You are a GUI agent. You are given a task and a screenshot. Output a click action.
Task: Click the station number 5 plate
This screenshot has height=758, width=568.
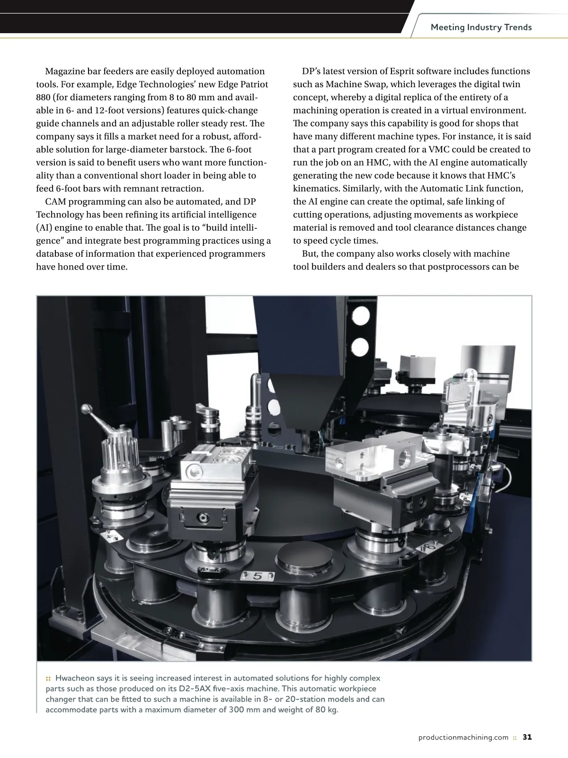tap(258, 576)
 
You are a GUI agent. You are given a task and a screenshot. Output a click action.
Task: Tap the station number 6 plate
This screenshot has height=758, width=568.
tap(431, 548)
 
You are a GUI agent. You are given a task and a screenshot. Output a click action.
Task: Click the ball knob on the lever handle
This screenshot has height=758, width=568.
tap(87, 408)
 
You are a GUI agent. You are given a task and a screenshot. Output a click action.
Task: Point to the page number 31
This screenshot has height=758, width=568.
tap(527, 737)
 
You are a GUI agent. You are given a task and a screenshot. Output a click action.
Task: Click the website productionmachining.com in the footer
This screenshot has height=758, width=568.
tap(463, 737)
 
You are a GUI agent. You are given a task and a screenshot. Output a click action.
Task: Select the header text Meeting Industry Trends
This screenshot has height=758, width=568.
tap(481, 27)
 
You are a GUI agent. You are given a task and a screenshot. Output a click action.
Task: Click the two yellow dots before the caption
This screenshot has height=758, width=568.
tap(48, 678)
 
